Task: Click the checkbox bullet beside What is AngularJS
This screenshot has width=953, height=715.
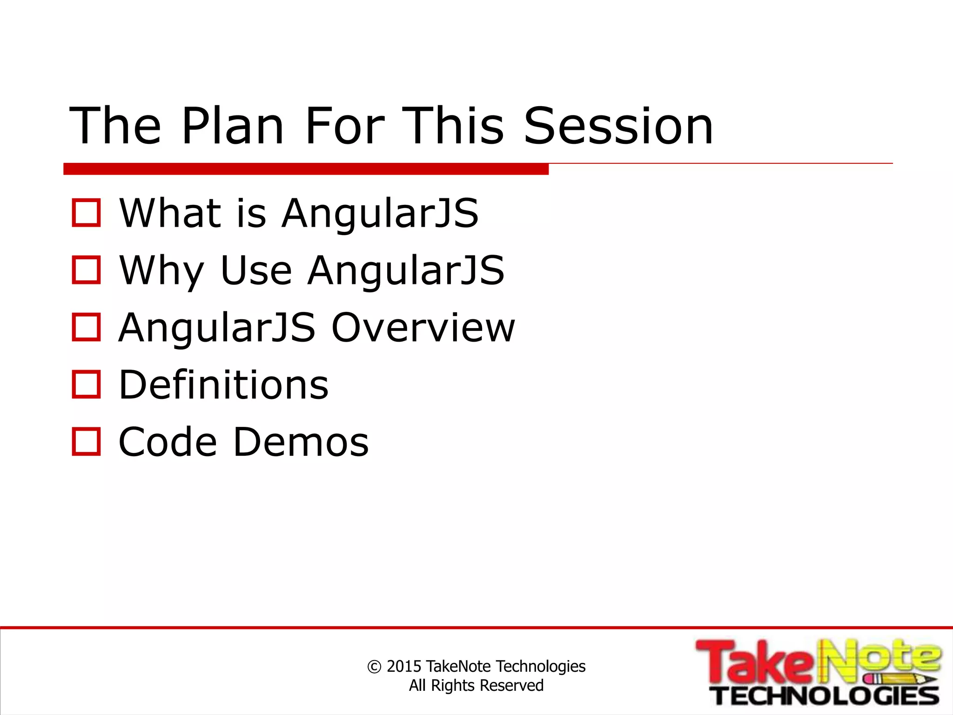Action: point(86,213)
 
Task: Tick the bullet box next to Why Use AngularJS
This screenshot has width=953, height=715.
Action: point(86,270)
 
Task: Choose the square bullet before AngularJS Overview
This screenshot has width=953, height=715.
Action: point(86,327)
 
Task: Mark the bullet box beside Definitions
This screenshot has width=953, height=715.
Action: point(86,384)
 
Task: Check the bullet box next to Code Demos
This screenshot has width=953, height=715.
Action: point(86,442)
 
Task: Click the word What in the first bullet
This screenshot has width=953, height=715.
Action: point(170,213)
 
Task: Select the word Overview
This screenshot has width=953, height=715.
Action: point(423,328)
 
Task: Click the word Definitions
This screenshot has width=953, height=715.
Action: point(223,385)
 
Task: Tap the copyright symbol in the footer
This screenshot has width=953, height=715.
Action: point(374,667)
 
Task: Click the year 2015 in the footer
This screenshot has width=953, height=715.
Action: point(404,667)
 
